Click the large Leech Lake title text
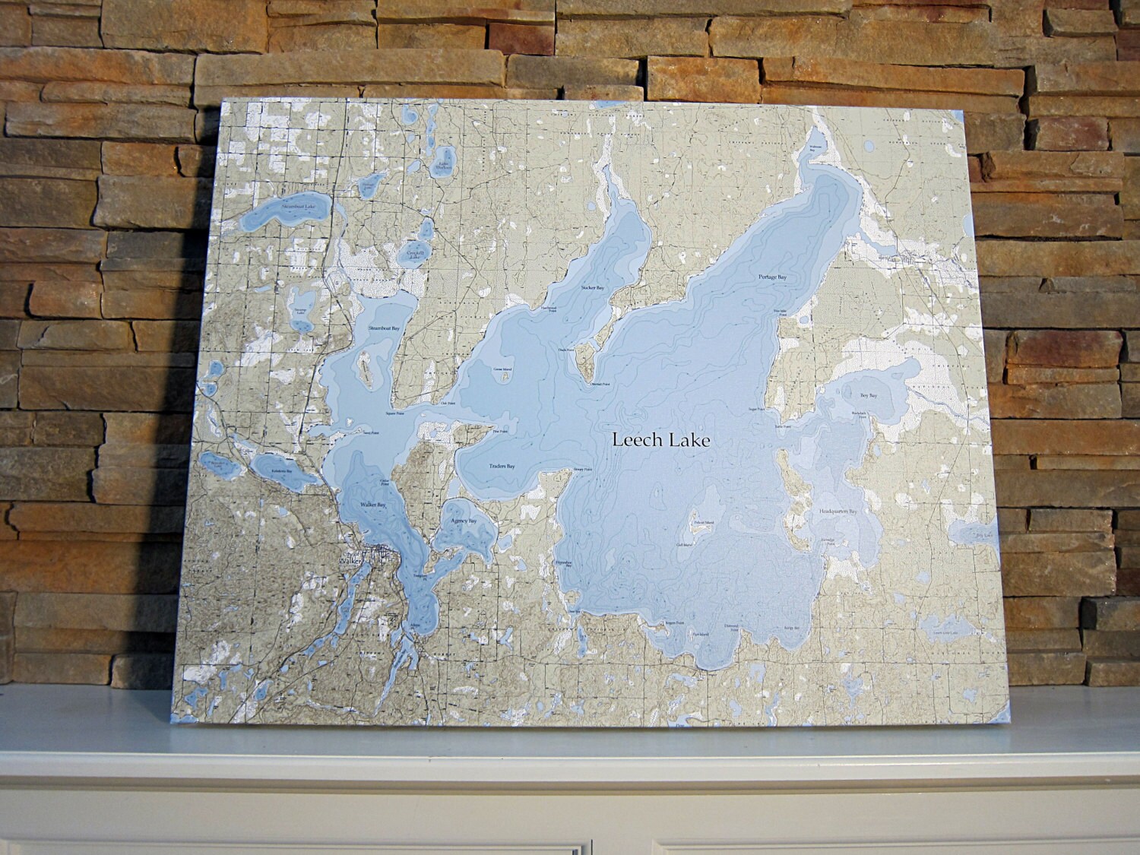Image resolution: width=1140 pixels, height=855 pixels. point(660,440)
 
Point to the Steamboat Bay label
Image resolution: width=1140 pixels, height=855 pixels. point(385,328)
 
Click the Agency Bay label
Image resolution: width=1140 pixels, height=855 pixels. point(462,521)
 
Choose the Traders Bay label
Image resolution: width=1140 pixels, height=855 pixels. point(502,465)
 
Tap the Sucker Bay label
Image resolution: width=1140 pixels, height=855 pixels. point(593,288)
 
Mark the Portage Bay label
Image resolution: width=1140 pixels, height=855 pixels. point(772,277)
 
